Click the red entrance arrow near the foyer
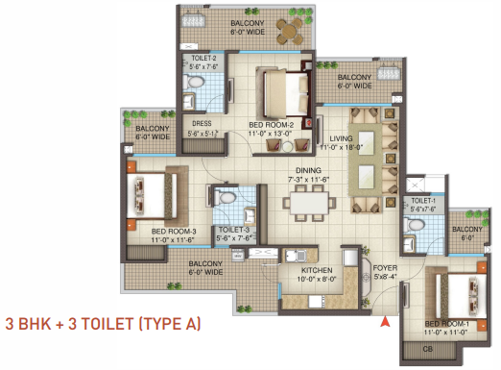[386, 322]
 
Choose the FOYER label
[387, 270]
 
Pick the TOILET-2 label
[205, 58]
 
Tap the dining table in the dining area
[307, 204]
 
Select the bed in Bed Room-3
[154, 195]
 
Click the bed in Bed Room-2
[282, 93]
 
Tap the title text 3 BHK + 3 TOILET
[103, 323]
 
